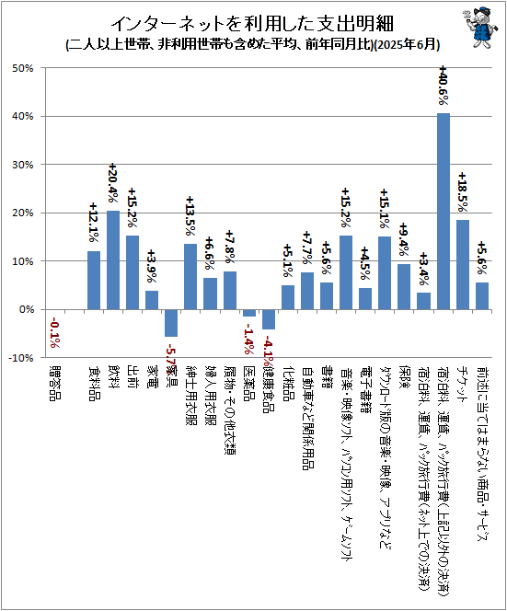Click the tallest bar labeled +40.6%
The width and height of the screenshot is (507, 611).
(x=443, y=211)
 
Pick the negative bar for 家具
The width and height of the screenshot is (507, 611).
(x=171, y=323)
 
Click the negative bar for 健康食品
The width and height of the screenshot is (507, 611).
(x=269, y=319)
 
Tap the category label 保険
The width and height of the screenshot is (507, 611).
(x=404, y=379)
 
